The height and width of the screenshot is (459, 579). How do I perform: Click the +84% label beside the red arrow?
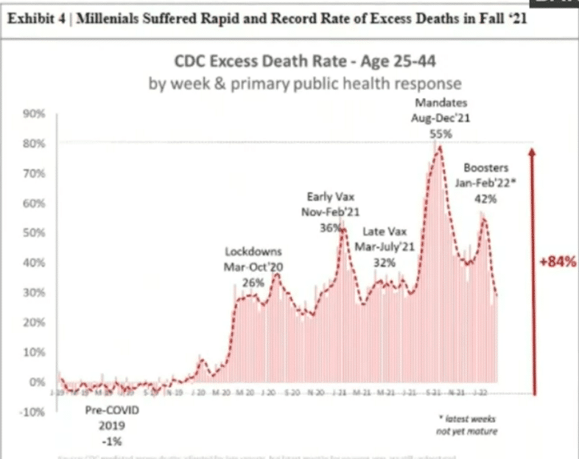558,261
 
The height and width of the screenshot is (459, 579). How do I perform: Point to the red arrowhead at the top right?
533,150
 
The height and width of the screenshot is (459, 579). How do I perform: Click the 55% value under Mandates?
441,134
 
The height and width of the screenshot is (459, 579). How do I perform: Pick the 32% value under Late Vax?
385,262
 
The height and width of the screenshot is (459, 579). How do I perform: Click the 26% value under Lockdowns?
253,282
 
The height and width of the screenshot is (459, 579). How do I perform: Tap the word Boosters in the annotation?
486,168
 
